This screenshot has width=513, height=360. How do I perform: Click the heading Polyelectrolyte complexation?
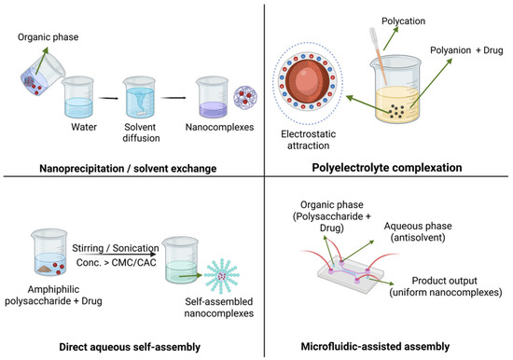click(387, 168)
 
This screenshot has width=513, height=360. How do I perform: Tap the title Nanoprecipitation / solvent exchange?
click(128, 169)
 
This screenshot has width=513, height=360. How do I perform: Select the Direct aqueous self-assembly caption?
click(130, 347)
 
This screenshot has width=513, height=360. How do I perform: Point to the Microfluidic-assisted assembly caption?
click(375, 346)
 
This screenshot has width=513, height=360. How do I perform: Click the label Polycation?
click(403, 21)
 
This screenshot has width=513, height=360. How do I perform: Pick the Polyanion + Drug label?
click(466, 50)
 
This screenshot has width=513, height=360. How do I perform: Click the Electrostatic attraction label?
click(308, 140)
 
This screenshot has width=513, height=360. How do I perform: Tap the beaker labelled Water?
click(78, 97)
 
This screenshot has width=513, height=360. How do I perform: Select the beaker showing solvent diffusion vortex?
click(139, 97)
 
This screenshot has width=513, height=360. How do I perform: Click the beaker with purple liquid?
click(213, 97)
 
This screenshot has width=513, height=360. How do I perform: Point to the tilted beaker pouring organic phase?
click(43, 75)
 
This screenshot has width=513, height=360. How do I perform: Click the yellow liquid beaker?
click(396, 90)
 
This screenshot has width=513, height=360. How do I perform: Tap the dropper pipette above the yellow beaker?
click(378, 56)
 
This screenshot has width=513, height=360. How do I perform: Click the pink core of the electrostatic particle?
click(308, 81)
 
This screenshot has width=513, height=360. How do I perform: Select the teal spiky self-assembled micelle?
click(222, 275)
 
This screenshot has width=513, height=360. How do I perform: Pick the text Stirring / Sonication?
click(115, 248)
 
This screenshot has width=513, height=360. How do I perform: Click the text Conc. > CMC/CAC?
click(117, 262)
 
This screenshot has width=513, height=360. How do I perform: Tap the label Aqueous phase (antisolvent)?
click(418, 231)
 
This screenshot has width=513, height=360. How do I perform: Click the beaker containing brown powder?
click(49, 253)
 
